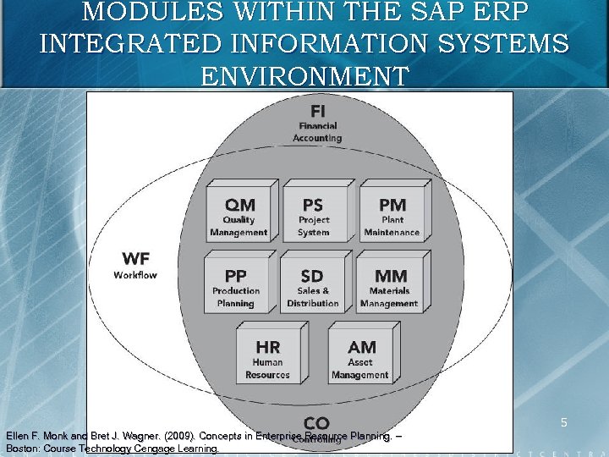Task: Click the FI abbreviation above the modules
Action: click(317, 111)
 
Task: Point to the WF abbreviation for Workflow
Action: click(135, 257)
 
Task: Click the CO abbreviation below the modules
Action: click(316, 422)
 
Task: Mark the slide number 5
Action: click(563, 421)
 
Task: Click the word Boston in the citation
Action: click(23, 449)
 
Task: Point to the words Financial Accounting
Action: click(317, 132)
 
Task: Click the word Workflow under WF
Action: click(135, 274)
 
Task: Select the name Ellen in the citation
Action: click(19, 436)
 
